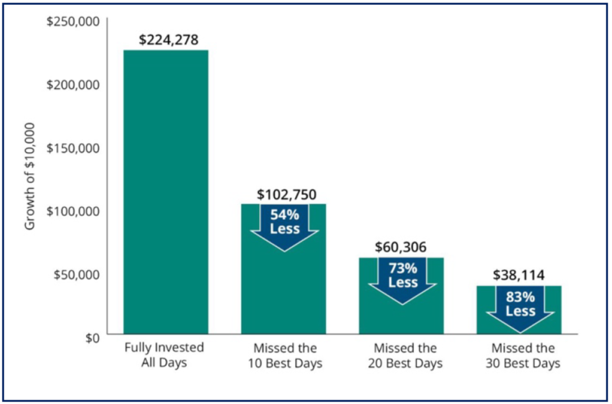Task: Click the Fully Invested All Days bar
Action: coord(166,192)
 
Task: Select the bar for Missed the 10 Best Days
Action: coord(283,269)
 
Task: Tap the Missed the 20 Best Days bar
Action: coord(401,296)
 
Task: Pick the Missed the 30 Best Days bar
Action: coord(519,310)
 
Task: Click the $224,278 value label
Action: coord(169,40)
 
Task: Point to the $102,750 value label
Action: coord(286,194)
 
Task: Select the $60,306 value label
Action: coord(401,247)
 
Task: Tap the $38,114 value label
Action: coord(519,275)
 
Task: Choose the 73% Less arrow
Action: coord(402,281)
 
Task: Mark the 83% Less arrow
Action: coord(520,309)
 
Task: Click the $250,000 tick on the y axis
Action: coord(73,21)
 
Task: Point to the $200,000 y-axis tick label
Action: coord(73,84)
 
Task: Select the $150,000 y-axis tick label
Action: coord(73,148)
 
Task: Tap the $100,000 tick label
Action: coord(73,211)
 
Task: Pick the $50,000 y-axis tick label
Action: coord(77,275)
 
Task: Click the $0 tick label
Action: coord(93,338)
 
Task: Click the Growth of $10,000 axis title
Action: coord(30,176)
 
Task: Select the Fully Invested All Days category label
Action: coord(164,355)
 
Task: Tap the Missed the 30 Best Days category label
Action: coord(522,355)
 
